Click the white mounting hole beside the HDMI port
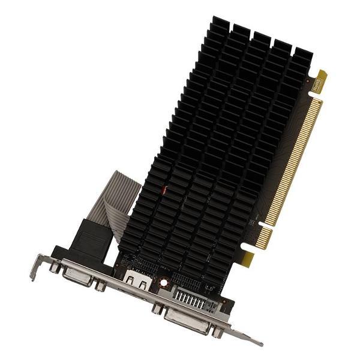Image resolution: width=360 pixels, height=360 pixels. (162, 281)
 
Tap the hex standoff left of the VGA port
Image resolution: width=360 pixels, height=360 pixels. (55, 268)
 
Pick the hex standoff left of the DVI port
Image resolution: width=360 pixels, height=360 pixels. (157, 309)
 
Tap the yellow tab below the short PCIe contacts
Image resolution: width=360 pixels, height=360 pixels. (247, 259)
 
